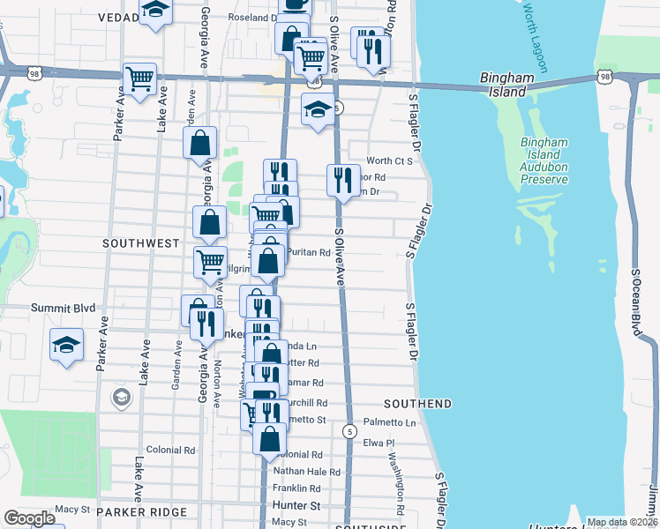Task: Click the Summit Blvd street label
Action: point(56,308)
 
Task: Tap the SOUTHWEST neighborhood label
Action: point(140,242)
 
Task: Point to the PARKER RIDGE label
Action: point(142,511)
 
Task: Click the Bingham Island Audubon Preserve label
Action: point(544,160)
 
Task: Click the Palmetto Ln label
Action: point(389,422)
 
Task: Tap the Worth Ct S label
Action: point(390,160)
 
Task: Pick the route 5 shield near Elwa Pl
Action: point(350,431)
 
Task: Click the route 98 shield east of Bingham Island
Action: point(605,78)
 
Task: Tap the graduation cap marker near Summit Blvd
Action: point(66,344)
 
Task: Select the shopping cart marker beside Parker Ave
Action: point(140,78)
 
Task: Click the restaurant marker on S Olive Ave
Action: point(342,180)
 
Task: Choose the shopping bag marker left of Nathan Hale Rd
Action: point(270,437)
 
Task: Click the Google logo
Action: point(29,518)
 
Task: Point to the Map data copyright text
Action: point(621,522)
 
